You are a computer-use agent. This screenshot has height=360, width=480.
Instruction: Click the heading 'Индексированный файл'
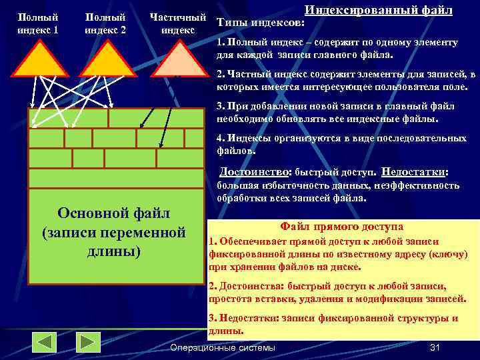pos(378,10)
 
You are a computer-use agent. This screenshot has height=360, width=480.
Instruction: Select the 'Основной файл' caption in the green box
pos(113,213)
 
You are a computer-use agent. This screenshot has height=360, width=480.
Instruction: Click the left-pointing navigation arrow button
pos(45,343)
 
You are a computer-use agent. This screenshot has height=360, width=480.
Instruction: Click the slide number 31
pos(437,347)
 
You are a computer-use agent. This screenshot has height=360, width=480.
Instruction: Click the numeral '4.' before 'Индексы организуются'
pos(221,138)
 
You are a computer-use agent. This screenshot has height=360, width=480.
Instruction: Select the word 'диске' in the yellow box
pos(346,267)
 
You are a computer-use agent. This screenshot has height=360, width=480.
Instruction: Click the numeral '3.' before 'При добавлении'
pos(221,106)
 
